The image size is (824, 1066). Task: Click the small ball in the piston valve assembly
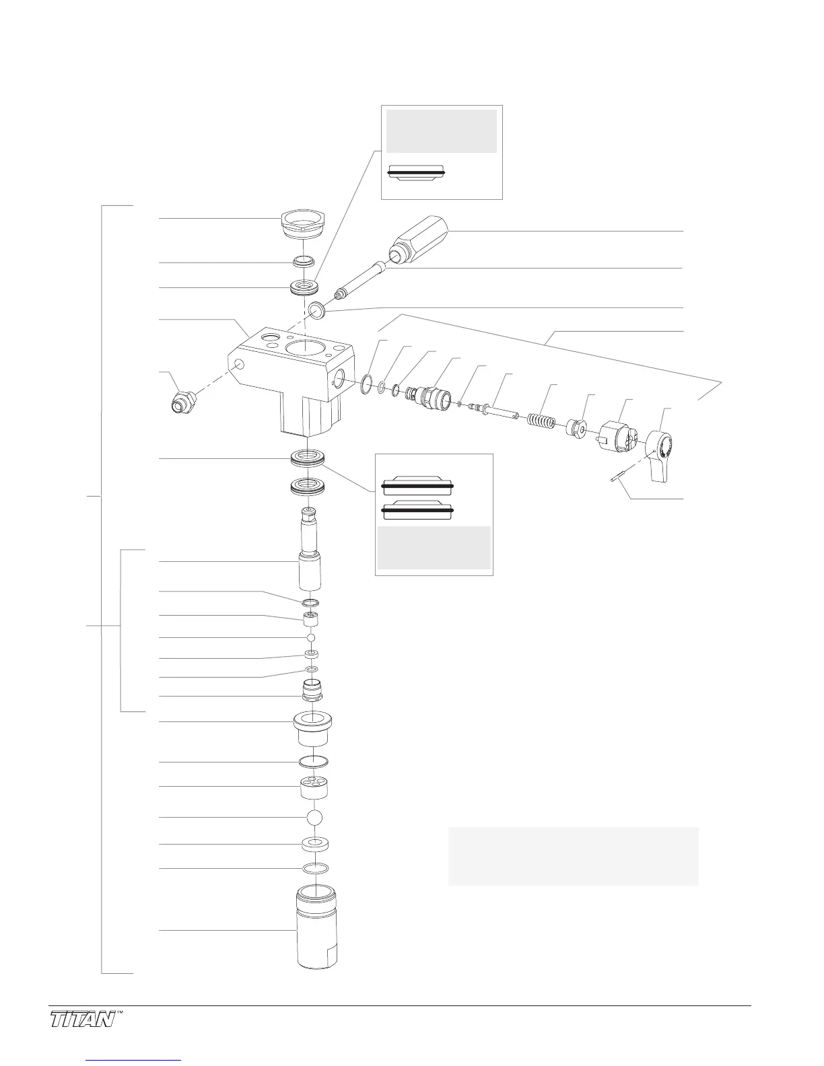coord(311,637)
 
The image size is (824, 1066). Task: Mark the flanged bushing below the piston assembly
coord(314,729)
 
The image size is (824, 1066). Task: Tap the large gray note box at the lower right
coord(573,856)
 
